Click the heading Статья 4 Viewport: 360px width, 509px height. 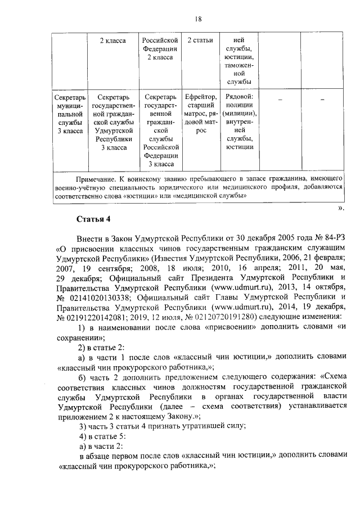(x=93, y=218)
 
